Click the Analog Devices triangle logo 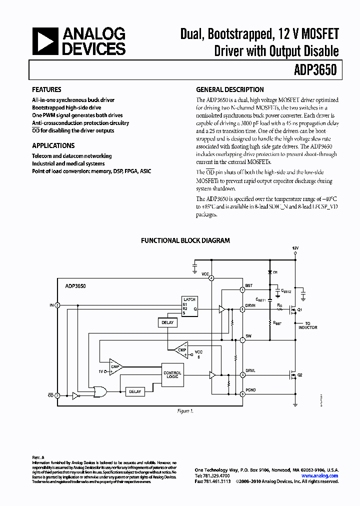[x=44, y=41]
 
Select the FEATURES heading [x=46, y=89]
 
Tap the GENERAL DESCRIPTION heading [x=229, y=89]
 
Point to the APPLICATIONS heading [x=53, y=145]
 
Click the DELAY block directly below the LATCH [x=167, y=322]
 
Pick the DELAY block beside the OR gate [x=135, y=391]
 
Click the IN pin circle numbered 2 [x=57, y=304]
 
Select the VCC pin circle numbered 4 [x=211, y=278]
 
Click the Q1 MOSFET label [x=300, y=310]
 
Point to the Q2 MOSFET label [x=300, y=374]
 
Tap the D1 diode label [x=275, y=272]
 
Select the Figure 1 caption [x=184, y=411]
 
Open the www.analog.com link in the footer [x=324, y=476]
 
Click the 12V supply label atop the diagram [x=295, y=248]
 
